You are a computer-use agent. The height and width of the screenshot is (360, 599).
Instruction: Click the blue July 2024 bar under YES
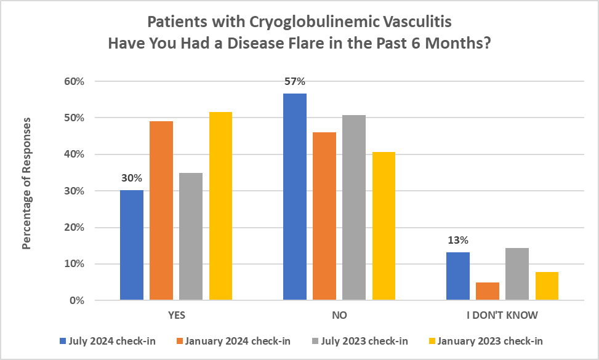coord(132,245)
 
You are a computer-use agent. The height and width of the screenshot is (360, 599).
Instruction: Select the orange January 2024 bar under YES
coord(161,210)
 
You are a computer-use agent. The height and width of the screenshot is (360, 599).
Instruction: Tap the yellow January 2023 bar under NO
coord(384,226)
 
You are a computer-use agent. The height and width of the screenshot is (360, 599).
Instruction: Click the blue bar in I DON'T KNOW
coord(457,276)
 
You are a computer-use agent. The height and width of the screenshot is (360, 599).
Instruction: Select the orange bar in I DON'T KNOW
coord(487,291)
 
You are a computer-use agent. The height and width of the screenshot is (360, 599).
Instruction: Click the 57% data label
coord(295,81)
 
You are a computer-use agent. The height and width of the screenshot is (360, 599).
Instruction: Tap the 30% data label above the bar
coord(132,178)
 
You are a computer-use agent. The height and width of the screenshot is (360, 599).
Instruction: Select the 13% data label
coord(457,241)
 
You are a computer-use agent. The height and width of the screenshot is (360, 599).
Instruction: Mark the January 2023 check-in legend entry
coord(486,340)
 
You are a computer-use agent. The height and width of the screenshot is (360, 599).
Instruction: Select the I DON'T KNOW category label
coord(502,316)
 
